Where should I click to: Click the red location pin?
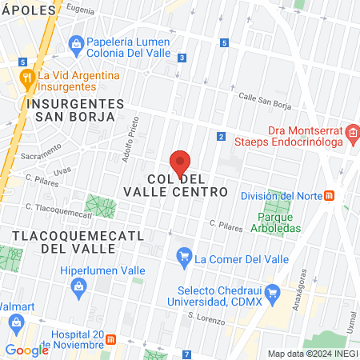click(180, 162)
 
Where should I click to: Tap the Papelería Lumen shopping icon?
click(77, 43)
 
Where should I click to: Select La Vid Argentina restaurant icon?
click(28, 78)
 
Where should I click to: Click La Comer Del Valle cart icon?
click(185, 258)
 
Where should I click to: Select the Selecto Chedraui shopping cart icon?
click(272, 294)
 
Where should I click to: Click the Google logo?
click(26, 350)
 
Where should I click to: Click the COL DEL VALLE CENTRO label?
click(175, 185)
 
